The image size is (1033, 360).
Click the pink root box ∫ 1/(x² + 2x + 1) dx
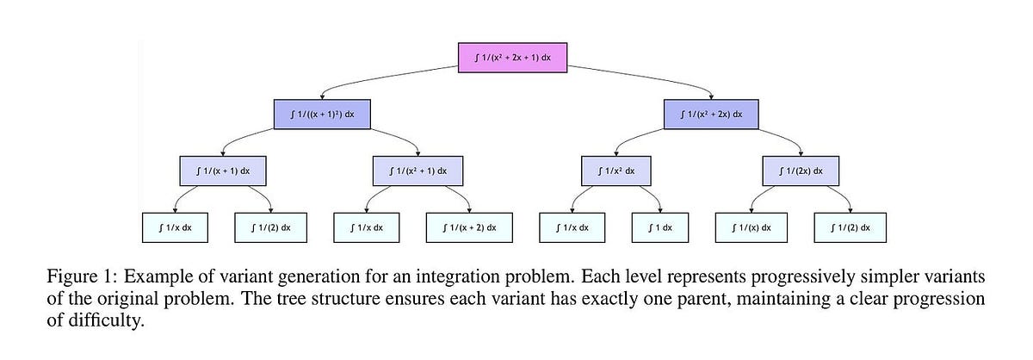(512, 57)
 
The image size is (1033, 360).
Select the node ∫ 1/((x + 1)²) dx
(322, 114)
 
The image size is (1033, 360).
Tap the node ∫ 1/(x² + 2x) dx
(710, 114)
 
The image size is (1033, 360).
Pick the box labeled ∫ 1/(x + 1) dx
(223, 171)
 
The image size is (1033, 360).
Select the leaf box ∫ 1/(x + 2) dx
(468, 227)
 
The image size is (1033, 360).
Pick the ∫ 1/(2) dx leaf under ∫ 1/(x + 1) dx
(269, 227)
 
